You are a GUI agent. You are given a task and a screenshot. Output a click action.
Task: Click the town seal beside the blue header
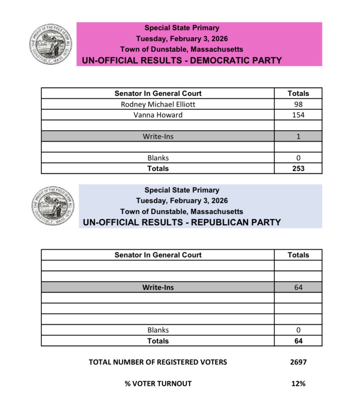(52, 206)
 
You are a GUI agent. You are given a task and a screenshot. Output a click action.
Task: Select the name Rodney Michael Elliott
(158, 104)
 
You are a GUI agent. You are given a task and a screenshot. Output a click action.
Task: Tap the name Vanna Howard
(158, 115)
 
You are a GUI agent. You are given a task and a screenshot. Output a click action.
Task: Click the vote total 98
(298, 104)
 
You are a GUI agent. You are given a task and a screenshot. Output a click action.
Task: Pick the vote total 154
(298, 115)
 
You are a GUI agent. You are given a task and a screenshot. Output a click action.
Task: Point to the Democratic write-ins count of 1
(298, 136)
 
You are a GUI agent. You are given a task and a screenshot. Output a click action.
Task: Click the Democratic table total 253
(298, 169)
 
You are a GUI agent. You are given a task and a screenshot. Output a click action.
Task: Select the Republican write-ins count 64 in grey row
(298, 287)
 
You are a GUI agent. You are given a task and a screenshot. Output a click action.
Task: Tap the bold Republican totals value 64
(298, 341)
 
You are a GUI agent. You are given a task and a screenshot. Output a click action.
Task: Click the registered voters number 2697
(298, 362)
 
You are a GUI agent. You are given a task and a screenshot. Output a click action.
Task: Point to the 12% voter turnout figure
(298, 384)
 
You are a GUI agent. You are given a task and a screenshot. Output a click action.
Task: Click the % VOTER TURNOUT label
(158, 384)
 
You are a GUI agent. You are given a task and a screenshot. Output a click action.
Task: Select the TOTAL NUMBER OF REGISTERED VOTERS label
(158, 362)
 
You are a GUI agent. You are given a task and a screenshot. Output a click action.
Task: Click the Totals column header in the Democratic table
(298, 93)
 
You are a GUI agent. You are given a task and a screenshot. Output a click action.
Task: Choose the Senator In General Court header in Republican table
(158, 255)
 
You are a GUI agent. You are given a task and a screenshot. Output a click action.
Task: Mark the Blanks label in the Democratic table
(158, 158)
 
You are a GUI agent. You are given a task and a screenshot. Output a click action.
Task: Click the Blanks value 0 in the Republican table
(298, 330)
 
